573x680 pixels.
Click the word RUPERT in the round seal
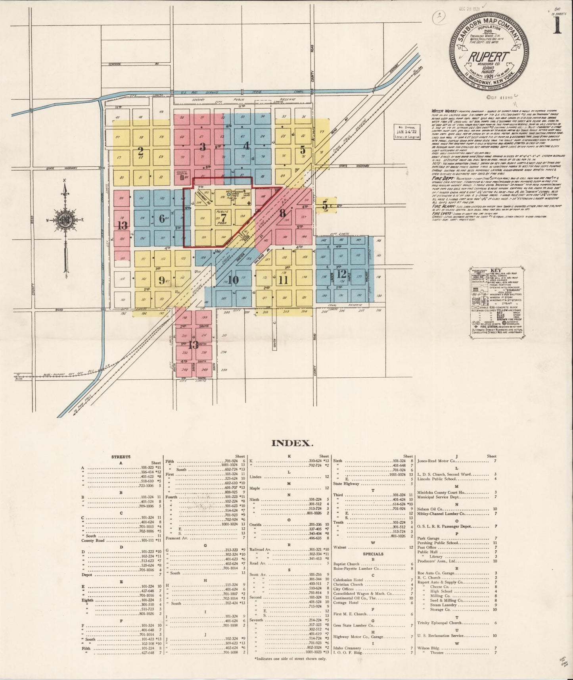pos(487,57)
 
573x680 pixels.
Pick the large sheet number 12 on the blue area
pos(341,273)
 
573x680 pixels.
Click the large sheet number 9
pos(162,280)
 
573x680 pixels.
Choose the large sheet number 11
pos(283,280)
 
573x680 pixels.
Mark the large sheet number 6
pos(161,218)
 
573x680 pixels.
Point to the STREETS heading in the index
pos(121,457)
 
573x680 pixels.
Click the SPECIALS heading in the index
pos(373,553)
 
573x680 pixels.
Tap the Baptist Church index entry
pos(346,564)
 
